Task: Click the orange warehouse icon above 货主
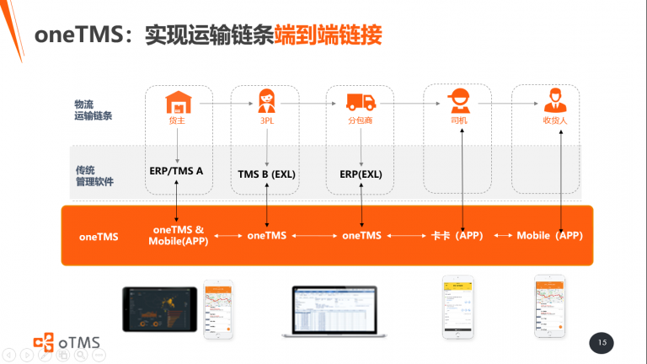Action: tap(177, 103)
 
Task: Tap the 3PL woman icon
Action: tap(267, 101)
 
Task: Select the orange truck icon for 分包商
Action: tap(361, 103)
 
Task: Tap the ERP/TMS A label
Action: tap(176, 170)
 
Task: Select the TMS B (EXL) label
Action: tap(266, 174)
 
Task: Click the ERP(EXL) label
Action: tap(361, 174)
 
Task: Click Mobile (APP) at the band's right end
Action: tap(549, 236)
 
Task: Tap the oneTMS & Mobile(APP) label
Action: tap(177, 235)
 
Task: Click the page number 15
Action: tap(602, 342)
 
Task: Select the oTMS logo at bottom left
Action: tap(67, 341)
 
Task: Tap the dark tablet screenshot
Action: tap(159, 308)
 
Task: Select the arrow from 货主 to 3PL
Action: tap(223, 103)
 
